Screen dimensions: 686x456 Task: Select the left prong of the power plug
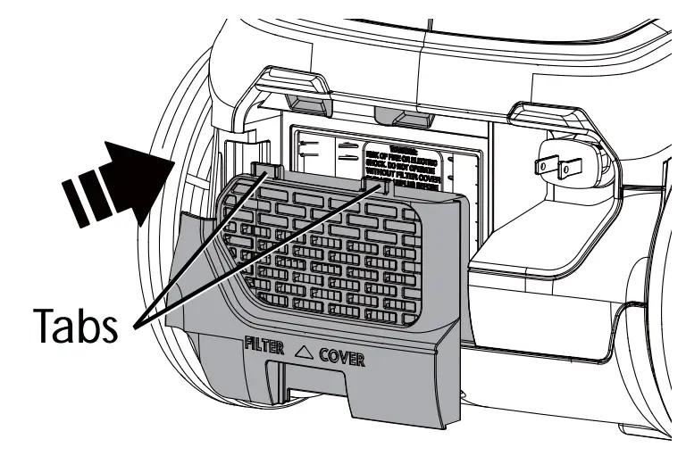542,164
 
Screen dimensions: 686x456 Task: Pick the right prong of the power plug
566,167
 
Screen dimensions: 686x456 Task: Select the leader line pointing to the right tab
259,253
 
